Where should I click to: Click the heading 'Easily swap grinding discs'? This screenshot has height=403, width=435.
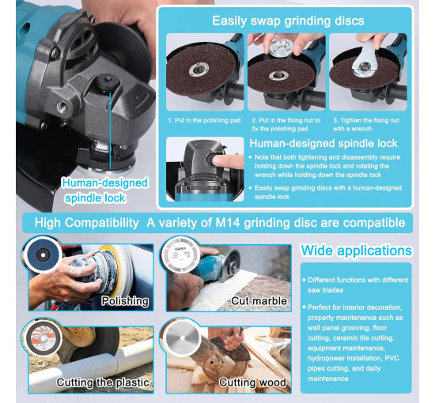(288, 21)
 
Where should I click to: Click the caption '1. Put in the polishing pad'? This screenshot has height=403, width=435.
(204, 120)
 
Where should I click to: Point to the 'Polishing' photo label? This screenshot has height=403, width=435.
(125, 301)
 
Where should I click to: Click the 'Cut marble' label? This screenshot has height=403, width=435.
(259, 301)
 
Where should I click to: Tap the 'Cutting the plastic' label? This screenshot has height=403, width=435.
(103, 382)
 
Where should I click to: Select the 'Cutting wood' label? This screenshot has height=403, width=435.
(253, 382)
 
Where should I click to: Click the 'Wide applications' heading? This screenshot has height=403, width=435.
(356, 250)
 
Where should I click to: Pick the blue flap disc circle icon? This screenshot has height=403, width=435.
(43, 255)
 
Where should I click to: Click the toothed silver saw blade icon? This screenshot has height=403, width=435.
(182, 338)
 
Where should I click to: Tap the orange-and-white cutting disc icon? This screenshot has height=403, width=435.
(43, 338)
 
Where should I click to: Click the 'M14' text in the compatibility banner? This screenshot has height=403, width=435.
(228, 223)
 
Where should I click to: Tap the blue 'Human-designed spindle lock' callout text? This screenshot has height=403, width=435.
(104, 190)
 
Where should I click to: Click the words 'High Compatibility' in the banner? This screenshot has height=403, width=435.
(86, 223)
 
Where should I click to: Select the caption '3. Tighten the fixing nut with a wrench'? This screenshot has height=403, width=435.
(366, 124)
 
